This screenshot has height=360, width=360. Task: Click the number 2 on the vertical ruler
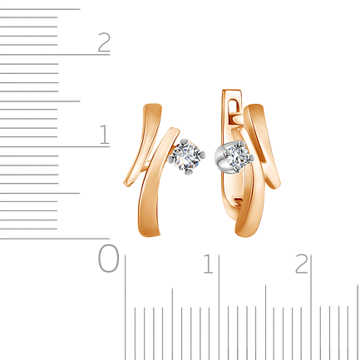tap(104, 42)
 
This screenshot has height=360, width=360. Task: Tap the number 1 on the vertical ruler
tap(104, 134)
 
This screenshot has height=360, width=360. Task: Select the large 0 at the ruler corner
tap(108, 258)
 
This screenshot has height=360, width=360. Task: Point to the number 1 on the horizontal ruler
tap(209, 264)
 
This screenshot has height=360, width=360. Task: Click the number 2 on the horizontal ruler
tap(302, 264)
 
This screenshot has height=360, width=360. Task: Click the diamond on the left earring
tap(186, 156)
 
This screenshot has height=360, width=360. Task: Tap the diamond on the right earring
tap(237, 157)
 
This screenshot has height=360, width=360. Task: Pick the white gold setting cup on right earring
tap(221, 159)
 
